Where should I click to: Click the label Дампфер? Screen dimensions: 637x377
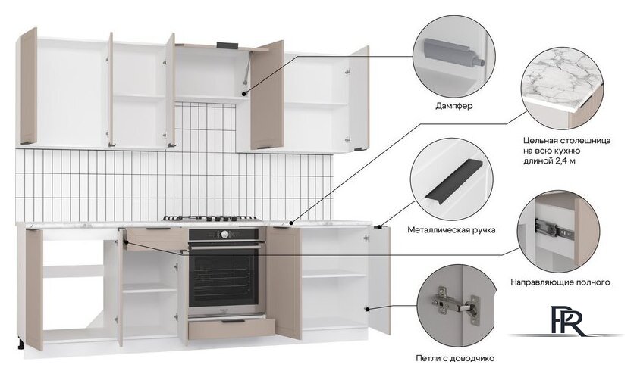(x=454, y=106)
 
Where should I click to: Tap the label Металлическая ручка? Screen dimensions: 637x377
(x=451, y=230)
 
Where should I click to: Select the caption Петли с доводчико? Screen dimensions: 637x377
(x=455, y=358)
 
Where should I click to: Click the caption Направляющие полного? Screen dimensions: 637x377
(x=560, y=282)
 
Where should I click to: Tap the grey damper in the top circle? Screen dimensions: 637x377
(x=453, y=52)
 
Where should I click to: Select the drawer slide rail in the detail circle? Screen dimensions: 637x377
(x=554, y=229)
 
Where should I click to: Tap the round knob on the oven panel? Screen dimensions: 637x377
(x=224, y=234)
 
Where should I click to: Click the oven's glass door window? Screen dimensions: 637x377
(x=224, y=279)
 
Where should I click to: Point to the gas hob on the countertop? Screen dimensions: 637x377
(x=210, y=219)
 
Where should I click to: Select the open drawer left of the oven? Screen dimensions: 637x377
(x=156, y=238)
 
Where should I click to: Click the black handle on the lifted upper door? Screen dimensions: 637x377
(x=224, y=45)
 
